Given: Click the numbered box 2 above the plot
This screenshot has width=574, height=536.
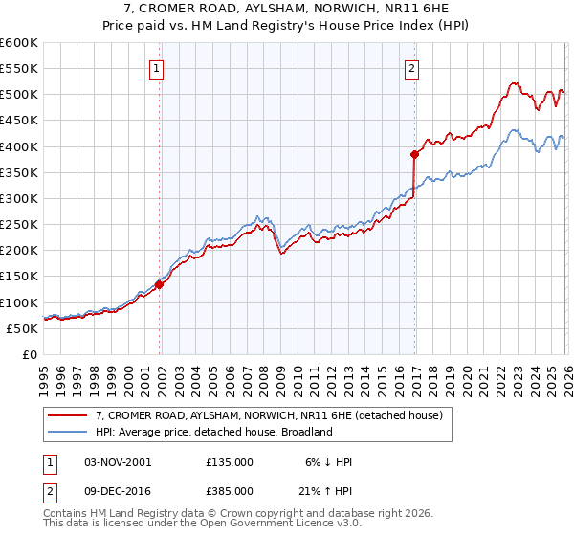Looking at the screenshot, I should [x=411, y=68].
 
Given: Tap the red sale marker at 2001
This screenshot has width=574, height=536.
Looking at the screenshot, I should [x=160, y=284].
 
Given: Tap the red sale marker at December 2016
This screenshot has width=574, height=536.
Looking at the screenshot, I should [x=414, y=154].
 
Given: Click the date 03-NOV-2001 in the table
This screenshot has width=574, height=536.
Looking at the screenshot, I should [x=118, y=462].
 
